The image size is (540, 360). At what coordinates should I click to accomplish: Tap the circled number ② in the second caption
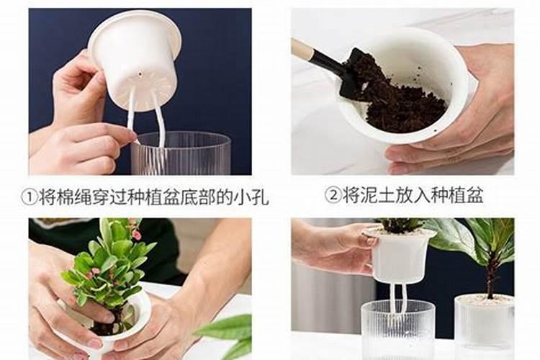332,195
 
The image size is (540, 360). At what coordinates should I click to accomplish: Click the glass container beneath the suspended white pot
397,331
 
